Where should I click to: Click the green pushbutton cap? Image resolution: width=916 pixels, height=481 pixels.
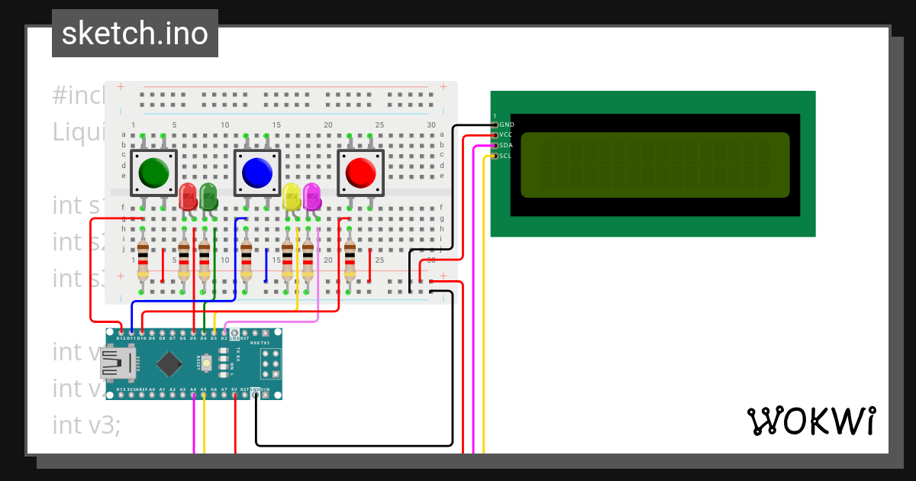(154, 173)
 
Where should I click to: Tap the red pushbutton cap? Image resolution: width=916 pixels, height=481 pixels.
(360, 173)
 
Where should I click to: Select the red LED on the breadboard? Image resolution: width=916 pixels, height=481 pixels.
(187, 196)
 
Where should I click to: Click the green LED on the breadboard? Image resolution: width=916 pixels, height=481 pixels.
(208, 196)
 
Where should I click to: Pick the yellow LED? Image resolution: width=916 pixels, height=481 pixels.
(291, 197)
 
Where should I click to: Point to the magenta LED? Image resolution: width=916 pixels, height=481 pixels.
(311, 196)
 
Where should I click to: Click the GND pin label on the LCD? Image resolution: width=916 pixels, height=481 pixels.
(507, 124)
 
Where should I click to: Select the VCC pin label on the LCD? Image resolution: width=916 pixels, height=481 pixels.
(506, 134)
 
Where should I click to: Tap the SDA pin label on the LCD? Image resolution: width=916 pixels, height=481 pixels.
(506, 145)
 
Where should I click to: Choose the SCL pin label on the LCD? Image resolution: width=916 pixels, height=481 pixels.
(505, 156)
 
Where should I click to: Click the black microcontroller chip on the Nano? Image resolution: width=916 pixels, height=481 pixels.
(168, 363)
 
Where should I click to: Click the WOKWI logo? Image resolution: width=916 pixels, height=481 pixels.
(811, 421)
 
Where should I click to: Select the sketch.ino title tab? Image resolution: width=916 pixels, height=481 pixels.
(135, 34)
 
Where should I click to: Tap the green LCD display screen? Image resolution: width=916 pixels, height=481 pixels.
(655, 164)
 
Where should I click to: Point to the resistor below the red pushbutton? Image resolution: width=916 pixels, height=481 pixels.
(350, 261)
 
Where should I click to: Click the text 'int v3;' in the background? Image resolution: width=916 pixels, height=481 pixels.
(86, 425)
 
